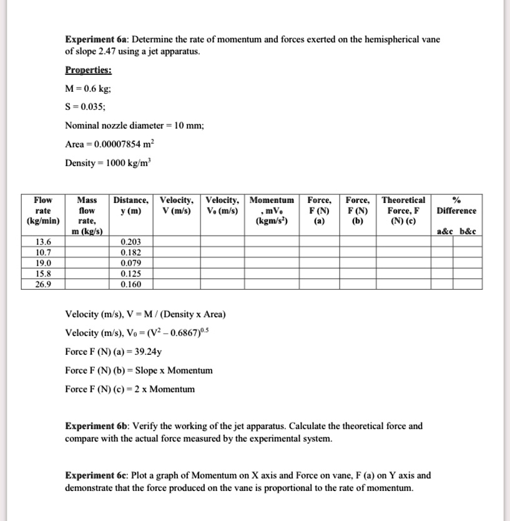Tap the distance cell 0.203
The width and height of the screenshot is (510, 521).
click(x=130, y=241)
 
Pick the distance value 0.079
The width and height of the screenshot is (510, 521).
click(x=130, y=262)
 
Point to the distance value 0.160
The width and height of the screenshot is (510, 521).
click(x=130, y=284)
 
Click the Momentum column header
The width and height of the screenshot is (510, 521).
click(x=272, y=211)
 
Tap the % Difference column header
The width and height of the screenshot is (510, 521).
click(x=456, y=206)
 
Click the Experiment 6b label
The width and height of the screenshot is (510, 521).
click(x=92, y=426)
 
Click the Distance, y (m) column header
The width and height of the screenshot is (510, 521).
click(x=130, y=206)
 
